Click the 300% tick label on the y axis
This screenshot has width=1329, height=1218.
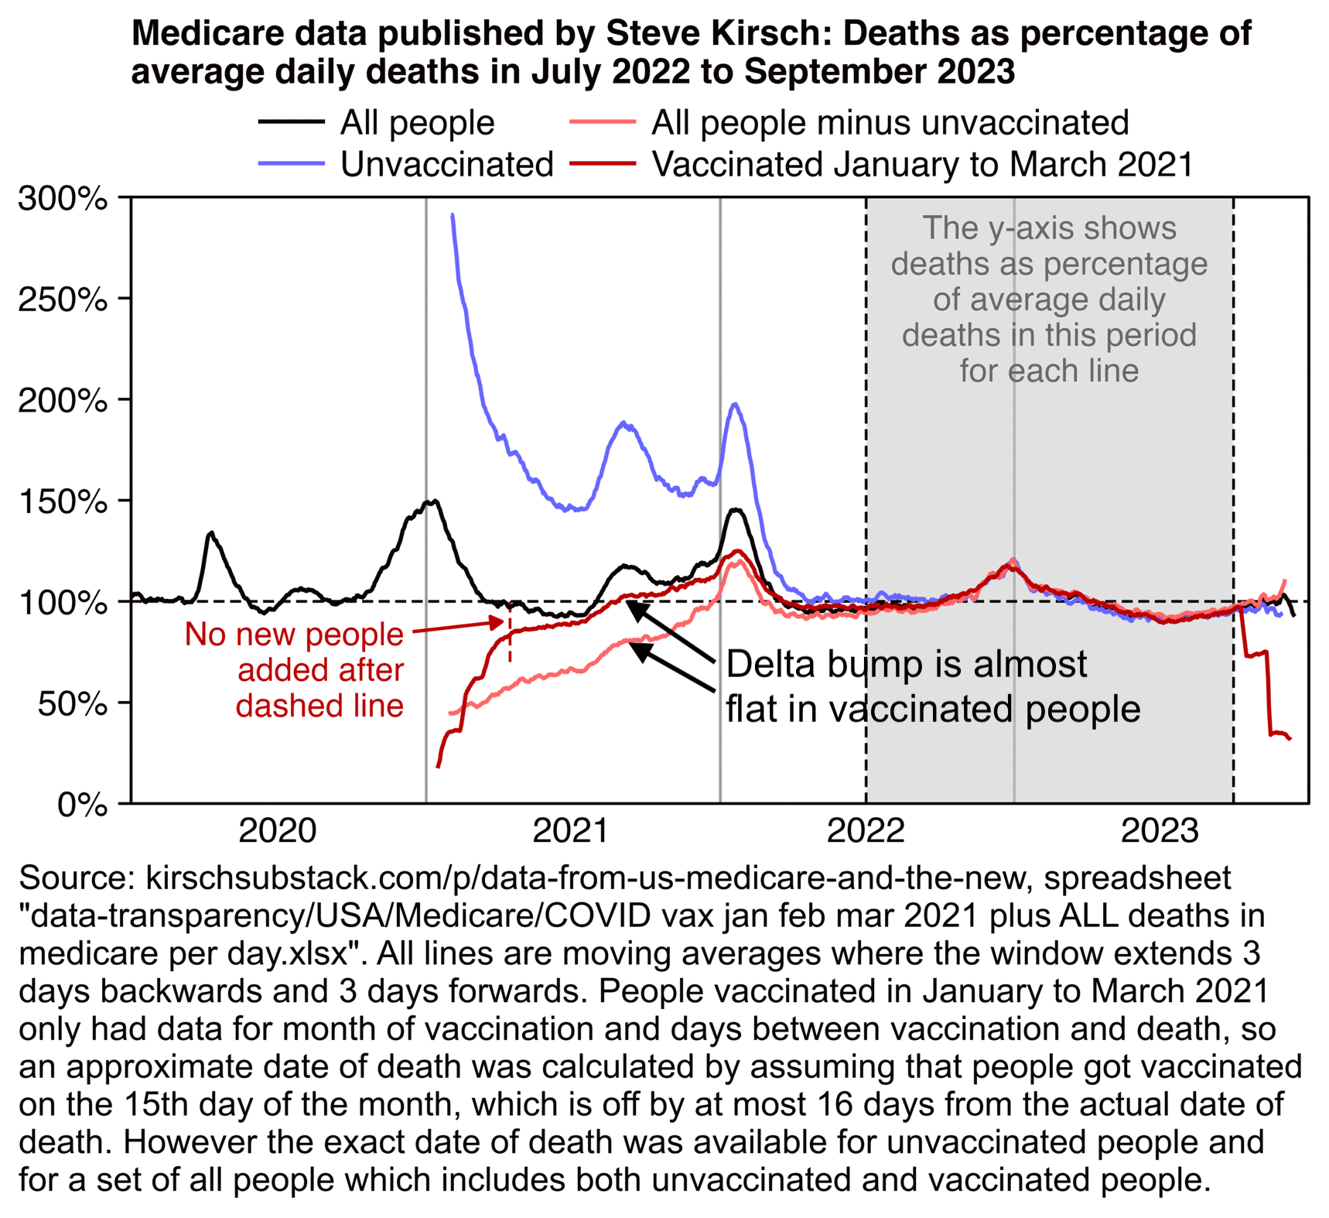(x=62, y=199)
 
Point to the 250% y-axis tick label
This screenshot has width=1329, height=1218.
(x=62, y=299)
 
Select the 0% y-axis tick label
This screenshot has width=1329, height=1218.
(x=81, y=805)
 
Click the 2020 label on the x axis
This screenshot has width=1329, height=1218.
(x=278, y=831)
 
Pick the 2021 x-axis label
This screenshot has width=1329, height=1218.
(x=572, y=831)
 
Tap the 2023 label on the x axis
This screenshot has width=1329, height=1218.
(x=1160, y=831)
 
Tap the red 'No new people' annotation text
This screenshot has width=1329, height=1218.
(x=294, y=635)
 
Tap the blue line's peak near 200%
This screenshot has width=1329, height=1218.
(x=735, y=404)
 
